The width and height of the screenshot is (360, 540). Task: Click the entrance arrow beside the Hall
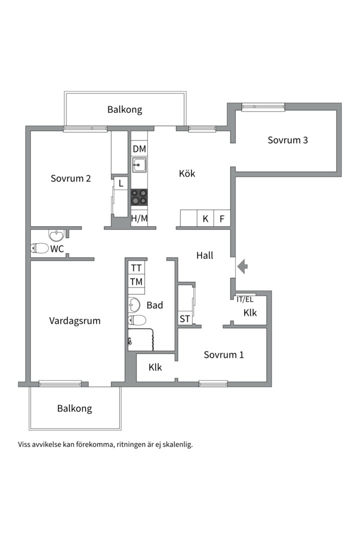(x=242, y=266)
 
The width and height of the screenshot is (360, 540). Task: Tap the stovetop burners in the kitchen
(x=139, y=197)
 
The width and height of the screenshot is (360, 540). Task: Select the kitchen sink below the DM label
(x=139, y=165)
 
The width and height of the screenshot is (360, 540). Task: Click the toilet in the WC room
(x=39, y=248)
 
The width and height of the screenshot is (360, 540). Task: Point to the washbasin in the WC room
(x=56, y=235)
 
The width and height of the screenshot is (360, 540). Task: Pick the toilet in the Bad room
(x=137, y=320)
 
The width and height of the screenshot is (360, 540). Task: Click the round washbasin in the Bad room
(x=133, y=304)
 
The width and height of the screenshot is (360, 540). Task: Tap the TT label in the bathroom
(x=136, y=268)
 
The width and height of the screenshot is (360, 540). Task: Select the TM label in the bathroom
(x=136, y=281)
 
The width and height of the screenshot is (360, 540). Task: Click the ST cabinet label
(x=184, y=319)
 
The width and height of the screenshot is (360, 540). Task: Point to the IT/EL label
(x=244, y=299)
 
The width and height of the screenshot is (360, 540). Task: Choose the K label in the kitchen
(x=205, y=218)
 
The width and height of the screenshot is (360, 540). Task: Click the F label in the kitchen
(x=222, y=218)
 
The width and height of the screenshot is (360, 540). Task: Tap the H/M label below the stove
(x=139, y=218)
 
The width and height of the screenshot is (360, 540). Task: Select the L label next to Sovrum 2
(x=121, y=183)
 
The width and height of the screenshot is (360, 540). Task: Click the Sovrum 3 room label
(x=287, y=140)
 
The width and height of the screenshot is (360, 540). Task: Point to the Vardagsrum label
(x=75, y=321)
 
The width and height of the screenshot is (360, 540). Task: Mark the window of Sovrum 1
(x=213, y=383)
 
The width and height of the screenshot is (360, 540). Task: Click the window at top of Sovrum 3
(x=263, y=107)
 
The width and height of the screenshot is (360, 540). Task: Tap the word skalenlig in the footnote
(x=177, y=444)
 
